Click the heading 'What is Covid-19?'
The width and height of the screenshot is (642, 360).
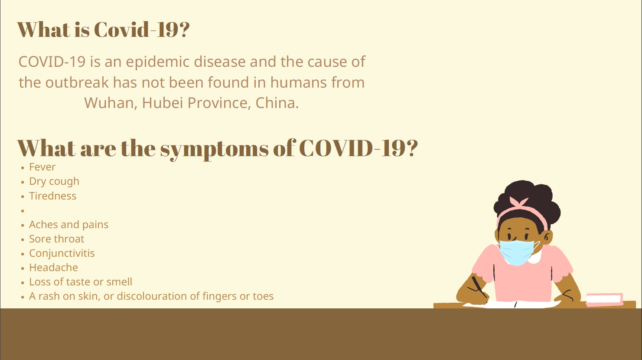point(103,29)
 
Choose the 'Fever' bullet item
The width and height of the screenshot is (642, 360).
point(42,167)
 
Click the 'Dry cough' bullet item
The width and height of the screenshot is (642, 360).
point(54,182)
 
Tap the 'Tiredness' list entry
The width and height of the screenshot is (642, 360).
point(53,196)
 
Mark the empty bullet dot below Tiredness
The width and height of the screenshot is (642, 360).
point(23,211)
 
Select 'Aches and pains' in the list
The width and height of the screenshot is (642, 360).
point(69,225)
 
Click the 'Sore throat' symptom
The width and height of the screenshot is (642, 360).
point(56,239)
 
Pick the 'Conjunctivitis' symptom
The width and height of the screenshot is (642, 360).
point(62,254)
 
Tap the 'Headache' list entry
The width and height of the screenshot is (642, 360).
point(54,268)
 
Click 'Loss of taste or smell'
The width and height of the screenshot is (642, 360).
point(81,282)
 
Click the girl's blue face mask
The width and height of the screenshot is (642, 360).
point(517,252)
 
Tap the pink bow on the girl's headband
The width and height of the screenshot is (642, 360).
point(519,202)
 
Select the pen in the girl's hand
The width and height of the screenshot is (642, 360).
point(479,287)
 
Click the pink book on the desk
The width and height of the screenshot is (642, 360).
point(604,299)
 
